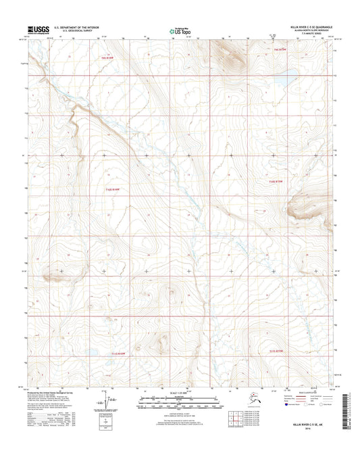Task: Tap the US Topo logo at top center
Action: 179,30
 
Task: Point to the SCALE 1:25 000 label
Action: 180,393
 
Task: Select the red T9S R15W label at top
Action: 281,49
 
